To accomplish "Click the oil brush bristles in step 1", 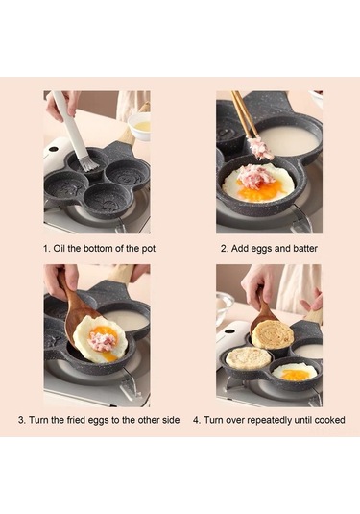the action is [90, 164].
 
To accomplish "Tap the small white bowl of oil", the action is [139, 127].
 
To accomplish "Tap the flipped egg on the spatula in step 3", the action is [100, 338].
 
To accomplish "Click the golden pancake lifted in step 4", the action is [272, 334].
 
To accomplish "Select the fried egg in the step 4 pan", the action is [295, 373].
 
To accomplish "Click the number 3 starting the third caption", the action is [21, 420].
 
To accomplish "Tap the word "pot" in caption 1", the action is [148, 249].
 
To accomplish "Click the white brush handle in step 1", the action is [68, 123].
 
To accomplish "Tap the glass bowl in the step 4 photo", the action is [224, 307].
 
